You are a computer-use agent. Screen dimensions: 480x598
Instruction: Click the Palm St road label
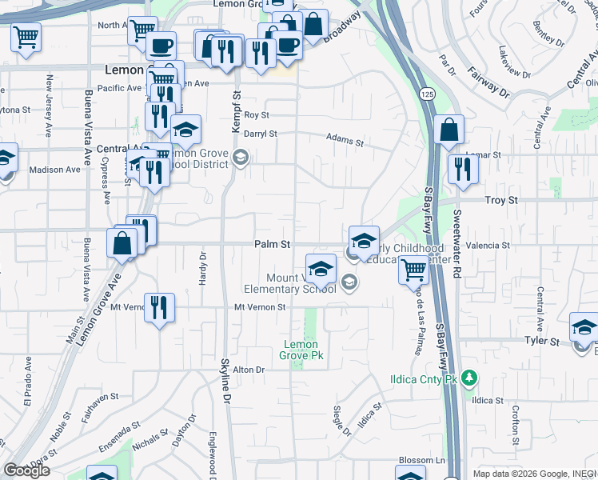272,243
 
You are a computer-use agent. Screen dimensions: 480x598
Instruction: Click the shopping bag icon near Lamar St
450,130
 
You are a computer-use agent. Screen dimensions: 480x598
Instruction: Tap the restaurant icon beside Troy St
463,168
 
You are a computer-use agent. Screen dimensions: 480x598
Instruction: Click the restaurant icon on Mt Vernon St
159,307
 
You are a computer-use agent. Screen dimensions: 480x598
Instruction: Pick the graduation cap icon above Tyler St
584,327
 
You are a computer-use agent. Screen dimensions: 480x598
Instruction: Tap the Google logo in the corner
26,470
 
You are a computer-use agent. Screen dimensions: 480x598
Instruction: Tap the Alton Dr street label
248,369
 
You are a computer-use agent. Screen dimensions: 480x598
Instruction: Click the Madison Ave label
54,170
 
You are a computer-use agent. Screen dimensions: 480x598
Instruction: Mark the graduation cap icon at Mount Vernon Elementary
320,268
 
